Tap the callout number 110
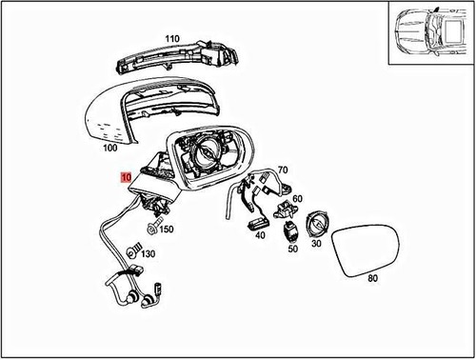pyautogui.click(x=171, y=39)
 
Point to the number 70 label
pyautogui.click(x=282, y=172)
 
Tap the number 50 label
pyautogui.click(x=292, y=249)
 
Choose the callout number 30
pyautogui.click(x=317, y=244)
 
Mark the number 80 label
pyautogui.click(x=371, y=279)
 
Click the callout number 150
pyautogui.click(x=166, y=230)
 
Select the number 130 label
pyautogui.click(x=148, y=255)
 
